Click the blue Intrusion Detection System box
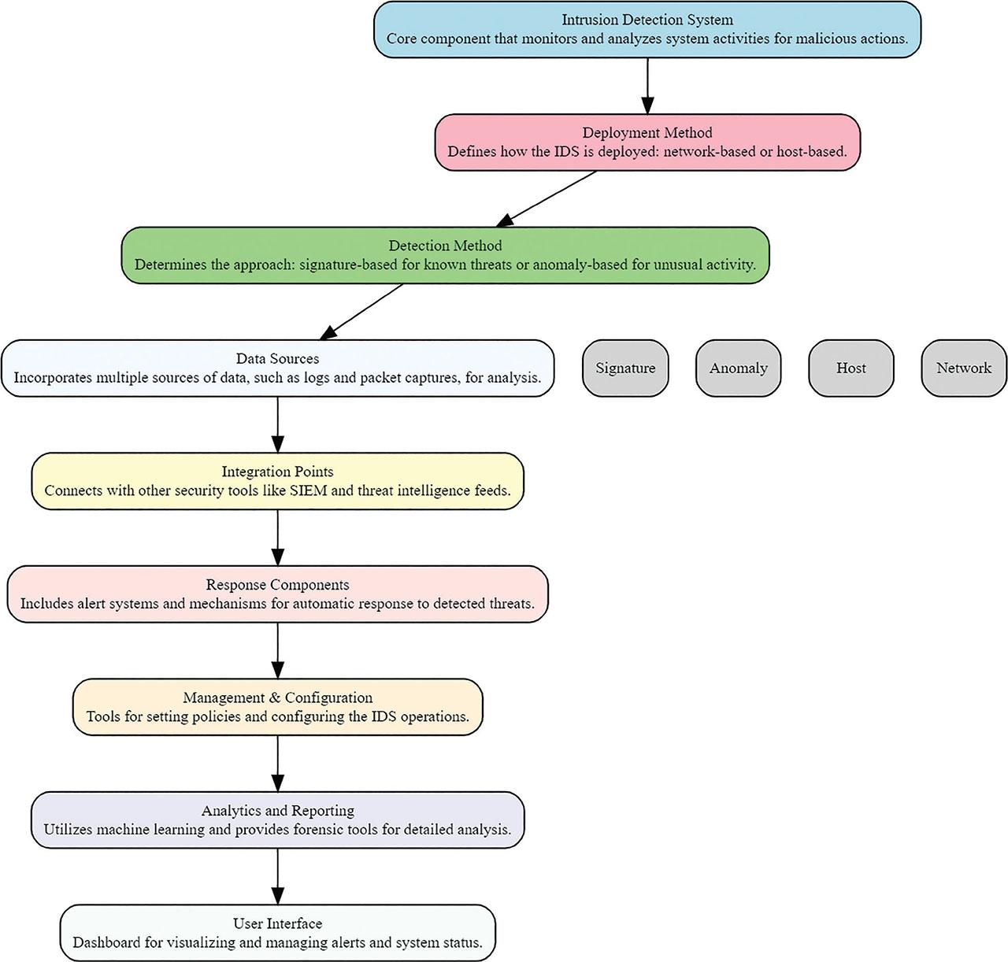pyautogui.click(x=647, y=29)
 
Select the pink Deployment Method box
pyautogui.click(x=647, y=142)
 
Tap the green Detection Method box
pyautogui.click(x=445, y=255)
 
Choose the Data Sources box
pyautogui.click(x=277, y=368)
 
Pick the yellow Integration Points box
pyautogui.click(x=277, y=481)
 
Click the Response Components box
pyautogui.click(x=277, y=594)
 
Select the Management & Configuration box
pyautogui.click(x=277, y=706)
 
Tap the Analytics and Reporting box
pyautogui.click(x=277, y=820)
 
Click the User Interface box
pyautogui.click(x=277, y=932)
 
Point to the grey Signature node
pyautogui.click(x=625, y=368)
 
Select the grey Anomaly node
pyautogui.click(x=738, y=368)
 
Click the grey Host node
pyautogui.click(x=850, y=368)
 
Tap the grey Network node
pyautogui.click(x=963, y=368)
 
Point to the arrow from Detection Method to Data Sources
pyautogui.click(x=362, y=311)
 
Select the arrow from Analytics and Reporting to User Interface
pyautogui.click(x=277, y=875)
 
